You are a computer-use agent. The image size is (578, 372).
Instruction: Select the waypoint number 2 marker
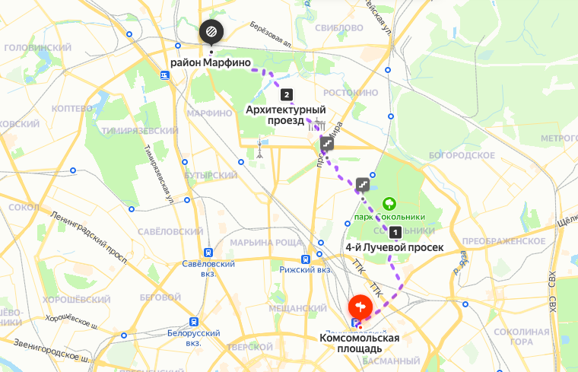click(286, 95)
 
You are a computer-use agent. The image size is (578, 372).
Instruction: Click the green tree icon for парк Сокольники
click(389, 203)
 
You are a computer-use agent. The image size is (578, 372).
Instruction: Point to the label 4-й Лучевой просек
click(394, 247)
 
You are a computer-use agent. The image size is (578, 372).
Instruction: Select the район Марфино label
click(211, 63)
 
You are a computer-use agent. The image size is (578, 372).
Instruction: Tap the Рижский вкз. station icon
click(306, 258)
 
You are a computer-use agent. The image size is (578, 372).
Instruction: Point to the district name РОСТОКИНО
click(351, 93)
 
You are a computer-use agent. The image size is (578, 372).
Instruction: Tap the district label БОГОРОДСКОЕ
click(462, 155)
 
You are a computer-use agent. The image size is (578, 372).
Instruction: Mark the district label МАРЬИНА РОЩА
click(261, 243)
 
